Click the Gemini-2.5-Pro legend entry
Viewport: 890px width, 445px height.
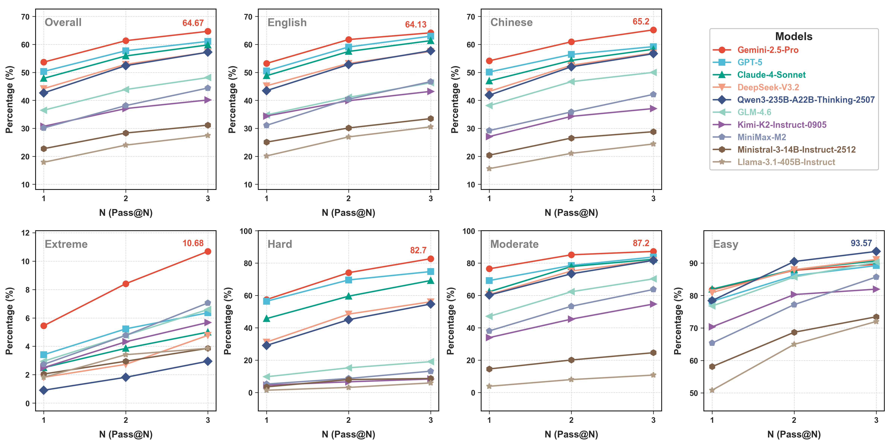(768, 50)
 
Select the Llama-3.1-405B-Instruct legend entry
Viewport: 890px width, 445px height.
(786, 162)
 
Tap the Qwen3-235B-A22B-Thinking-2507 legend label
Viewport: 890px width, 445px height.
(806, 100)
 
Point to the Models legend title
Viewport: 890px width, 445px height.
(794, 36)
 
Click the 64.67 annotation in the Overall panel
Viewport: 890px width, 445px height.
(193, 23)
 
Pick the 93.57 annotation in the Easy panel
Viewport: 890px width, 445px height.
(861, 243)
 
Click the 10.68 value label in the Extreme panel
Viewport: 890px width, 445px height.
(193, 243)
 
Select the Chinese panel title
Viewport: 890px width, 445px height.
(511, 22)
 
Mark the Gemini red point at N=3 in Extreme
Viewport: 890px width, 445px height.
(208, 251)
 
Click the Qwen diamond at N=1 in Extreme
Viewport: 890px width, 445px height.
(43, 390)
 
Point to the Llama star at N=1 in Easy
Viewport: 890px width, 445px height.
(712, 390)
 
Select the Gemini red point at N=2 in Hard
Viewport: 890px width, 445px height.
(348, 273)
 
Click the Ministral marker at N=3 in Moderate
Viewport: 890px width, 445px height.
(653, 352)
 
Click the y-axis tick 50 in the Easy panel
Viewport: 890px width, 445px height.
(693, 393)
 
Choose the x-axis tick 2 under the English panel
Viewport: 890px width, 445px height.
(348, 199)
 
